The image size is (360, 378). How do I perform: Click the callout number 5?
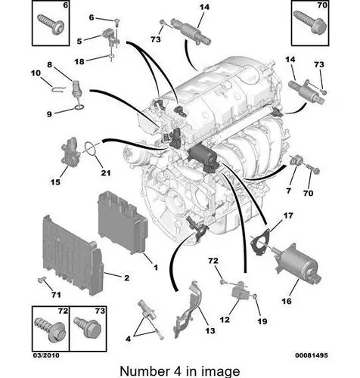[79, 41]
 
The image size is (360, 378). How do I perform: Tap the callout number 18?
[79, 61]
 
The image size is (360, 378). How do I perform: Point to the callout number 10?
[36, 73]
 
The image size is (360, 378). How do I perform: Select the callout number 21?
[106, 173]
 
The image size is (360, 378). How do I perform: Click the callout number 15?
[55, 182]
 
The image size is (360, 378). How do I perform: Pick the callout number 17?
[288, 215]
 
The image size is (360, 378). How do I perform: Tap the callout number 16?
[287, 301]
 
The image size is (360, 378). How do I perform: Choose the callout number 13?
[210, 330]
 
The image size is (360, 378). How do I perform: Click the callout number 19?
[262, 321]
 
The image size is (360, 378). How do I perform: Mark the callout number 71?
[56, 294]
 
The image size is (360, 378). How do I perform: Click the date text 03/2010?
[46, 355]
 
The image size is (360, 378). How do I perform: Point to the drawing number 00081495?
[312, 355]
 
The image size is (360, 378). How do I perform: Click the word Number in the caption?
[144, 371]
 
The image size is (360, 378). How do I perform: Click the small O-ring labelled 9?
[79, 108]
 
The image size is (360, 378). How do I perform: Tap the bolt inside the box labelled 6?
[51, 24]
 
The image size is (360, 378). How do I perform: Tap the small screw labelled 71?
[42, 279]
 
